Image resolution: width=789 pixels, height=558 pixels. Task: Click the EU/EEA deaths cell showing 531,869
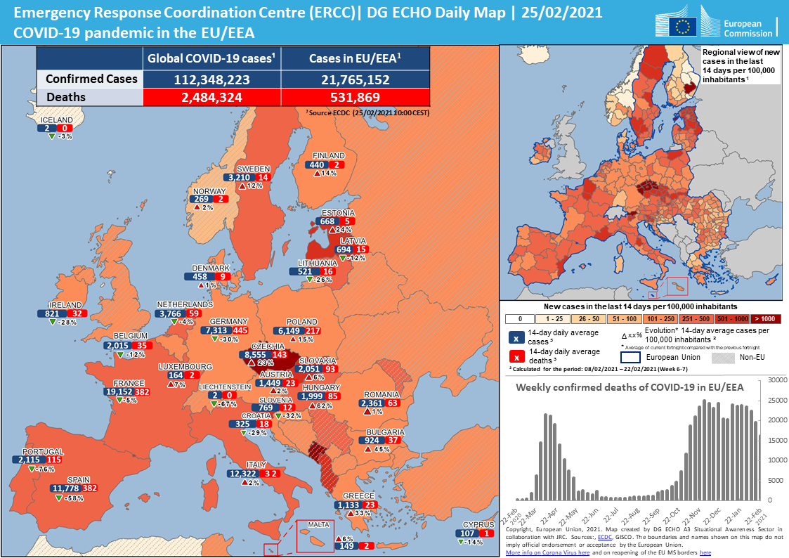[355, 98]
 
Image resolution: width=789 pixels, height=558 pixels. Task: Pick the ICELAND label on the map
[56, 120]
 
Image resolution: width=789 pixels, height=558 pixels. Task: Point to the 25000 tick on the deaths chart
[774, 400]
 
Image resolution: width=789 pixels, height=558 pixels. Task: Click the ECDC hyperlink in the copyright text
[604, 536]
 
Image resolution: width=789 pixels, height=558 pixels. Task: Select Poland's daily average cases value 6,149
[289, 330]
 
